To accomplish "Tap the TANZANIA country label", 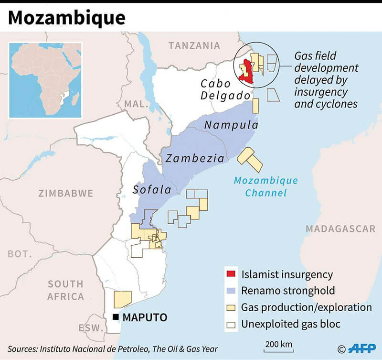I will coord(194,45).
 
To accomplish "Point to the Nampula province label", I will coord(231,125).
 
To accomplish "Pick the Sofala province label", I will coord(152,190).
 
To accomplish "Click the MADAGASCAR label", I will coord(340,229).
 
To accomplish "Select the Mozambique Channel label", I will coord(265,187).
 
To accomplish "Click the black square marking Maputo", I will coord(115,317).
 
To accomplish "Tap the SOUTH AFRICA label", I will coord(65,290).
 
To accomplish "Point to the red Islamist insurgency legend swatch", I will coord(231,274).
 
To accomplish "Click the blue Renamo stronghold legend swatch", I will coord(231,290).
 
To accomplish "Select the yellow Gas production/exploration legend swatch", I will coord(231,307).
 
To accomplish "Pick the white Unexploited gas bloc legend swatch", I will coord(231,324).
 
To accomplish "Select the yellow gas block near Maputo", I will coord(122,299).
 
